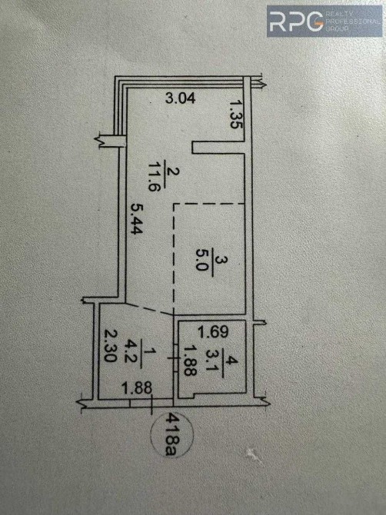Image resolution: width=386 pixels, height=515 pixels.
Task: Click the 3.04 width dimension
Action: coord(181,98)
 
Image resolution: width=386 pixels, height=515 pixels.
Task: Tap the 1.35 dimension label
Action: coord(236,115)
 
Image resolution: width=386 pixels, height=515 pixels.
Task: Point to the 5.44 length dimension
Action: coord(136,218)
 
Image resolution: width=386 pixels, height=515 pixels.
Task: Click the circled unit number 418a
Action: coord(171,434)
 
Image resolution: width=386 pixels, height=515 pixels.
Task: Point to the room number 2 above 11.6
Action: coord(172,171)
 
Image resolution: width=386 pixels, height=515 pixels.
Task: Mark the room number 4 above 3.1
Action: coord(231,361)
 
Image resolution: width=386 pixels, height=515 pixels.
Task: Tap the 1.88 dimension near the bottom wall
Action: coord(137,388)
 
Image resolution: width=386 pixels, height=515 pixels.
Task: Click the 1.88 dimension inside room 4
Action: coord(190,361)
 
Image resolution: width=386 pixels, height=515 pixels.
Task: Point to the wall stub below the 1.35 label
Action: coord(218,147)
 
